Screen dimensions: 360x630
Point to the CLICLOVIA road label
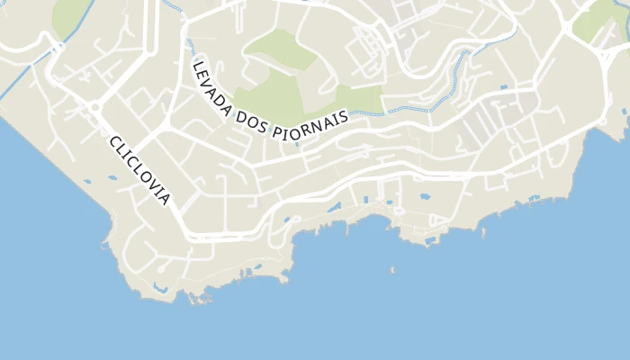pos(139,170)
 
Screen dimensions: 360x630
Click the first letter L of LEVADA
pos(196,67)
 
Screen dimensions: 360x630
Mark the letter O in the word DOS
pos(253,124)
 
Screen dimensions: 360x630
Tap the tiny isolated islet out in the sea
pos(392,268)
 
